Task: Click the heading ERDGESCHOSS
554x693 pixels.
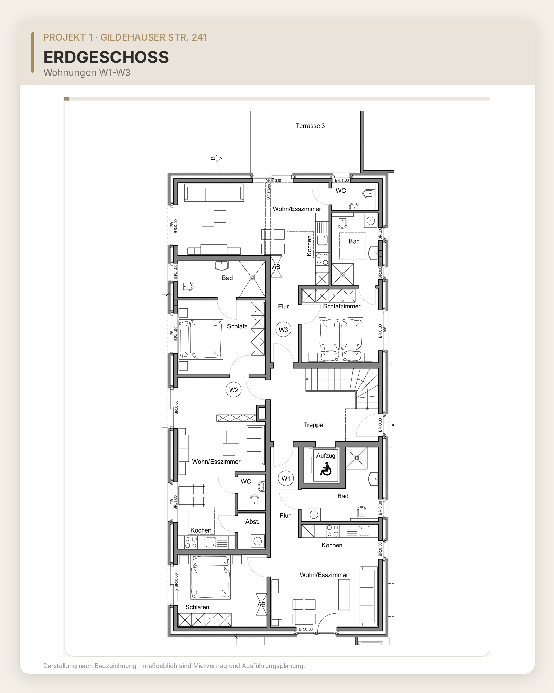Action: tap(106, 57)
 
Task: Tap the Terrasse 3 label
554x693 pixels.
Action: tap(310, 126)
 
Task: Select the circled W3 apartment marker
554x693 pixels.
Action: tap(284, 330)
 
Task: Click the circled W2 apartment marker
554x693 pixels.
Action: tap(234, 390)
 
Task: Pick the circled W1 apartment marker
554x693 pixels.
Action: tap(286, 479)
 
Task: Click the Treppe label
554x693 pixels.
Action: tap(313, 425)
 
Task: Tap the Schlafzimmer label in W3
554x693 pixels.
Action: tap(342, 306)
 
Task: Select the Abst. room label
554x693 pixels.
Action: tap(252, 521)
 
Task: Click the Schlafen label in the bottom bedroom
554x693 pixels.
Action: tap(197, 607)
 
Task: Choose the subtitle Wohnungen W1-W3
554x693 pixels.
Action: tap(87, 73)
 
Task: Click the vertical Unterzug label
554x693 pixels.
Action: tap(268, 191)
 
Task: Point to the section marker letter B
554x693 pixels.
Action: tap(213, 158)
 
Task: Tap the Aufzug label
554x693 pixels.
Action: tap(326, 456)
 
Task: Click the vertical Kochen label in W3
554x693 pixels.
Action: tap(309, 246)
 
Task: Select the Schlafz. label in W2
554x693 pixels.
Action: tap(238, 326)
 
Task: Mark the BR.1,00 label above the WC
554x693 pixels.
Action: tap(342, 180)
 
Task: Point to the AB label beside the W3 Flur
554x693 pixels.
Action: tap(276, 267)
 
